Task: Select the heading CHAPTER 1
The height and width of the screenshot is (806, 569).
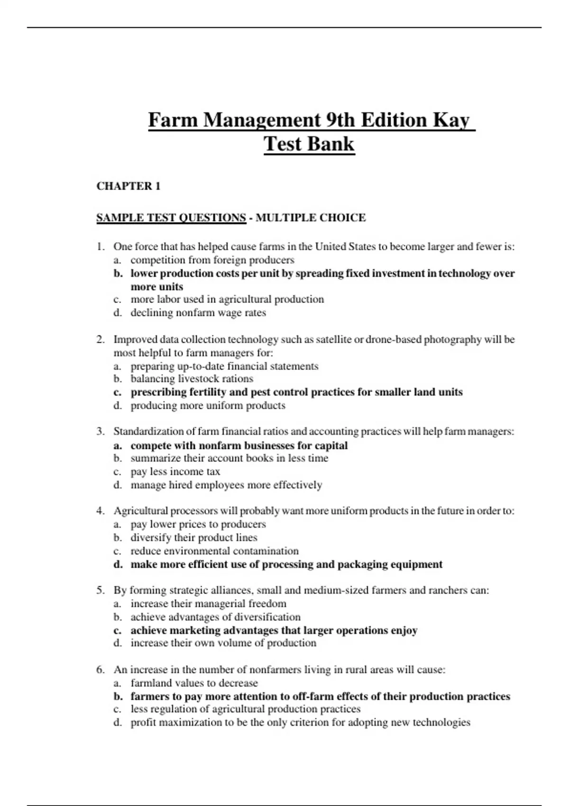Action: click(128, 186)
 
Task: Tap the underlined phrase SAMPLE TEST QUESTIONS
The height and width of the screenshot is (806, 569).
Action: click(171, 218)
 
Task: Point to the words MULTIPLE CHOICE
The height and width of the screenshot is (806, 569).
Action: click(311, 218)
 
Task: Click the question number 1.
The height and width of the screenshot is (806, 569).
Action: click(100, 247)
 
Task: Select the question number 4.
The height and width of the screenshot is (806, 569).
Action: click(100, 511)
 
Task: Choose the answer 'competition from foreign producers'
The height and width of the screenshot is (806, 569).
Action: click(212, 260)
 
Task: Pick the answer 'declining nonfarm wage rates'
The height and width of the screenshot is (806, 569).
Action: click(198, 313)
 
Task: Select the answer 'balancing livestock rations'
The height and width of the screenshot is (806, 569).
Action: click(192, 379)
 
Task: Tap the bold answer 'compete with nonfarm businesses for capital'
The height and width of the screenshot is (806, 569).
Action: click(239, 446)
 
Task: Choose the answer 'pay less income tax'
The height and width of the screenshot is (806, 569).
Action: click(175, 472)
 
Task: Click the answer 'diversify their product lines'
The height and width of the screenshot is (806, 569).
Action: click(194, 538)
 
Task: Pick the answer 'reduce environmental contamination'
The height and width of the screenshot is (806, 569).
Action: click(215, 551)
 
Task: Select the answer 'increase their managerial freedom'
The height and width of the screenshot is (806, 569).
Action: click(209, 604)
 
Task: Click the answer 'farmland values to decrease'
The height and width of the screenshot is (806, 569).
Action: click(194, 683)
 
